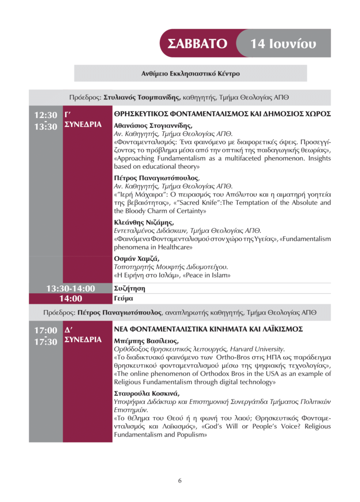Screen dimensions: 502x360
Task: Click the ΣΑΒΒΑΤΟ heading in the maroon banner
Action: click(197, 44)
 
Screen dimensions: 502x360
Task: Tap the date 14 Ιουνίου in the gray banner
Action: click(283, 44)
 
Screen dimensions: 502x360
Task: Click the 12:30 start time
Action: click(45, 115)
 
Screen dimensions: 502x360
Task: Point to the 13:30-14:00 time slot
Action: click(71, 288)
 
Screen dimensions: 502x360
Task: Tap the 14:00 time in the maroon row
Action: click(71, 298)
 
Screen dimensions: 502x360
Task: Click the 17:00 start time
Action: click(45, 330)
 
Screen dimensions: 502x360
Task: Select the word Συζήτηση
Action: click(129, 289)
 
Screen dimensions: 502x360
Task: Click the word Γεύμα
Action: click(124, 298)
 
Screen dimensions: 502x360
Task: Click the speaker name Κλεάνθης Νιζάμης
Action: click(143, 223)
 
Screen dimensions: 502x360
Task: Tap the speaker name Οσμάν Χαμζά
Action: click(137, 259)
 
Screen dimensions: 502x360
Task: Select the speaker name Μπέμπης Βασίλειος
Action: click(146, 341)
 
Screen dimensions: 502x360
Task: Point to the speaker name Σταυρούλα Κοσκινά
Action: click(147, 394)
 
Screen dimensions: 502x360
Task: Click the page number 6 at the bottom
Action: click(180, 480)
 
